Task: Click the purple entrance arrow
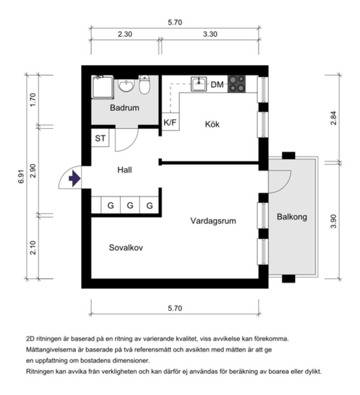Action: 75,178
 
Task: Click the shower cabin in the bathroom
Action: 103,87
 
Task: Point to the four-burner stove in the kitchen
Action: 237,84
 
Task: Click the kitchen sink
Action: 199,84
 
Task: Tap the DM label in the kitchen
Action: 217,85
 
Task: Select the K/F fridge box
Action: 170,123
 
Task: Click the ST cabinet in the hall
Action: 100,139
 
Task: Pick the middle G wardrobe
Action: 130,205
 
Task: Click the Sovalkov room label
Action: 126,248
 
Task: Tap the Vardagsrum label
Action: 213,221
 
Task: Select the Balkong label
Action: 292,217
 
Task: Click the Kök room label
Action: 213,124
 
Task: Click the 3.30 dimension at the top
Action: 210,34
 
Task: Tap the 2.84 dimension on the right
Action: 334,118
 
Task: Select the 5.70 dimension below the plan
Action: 175,308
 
